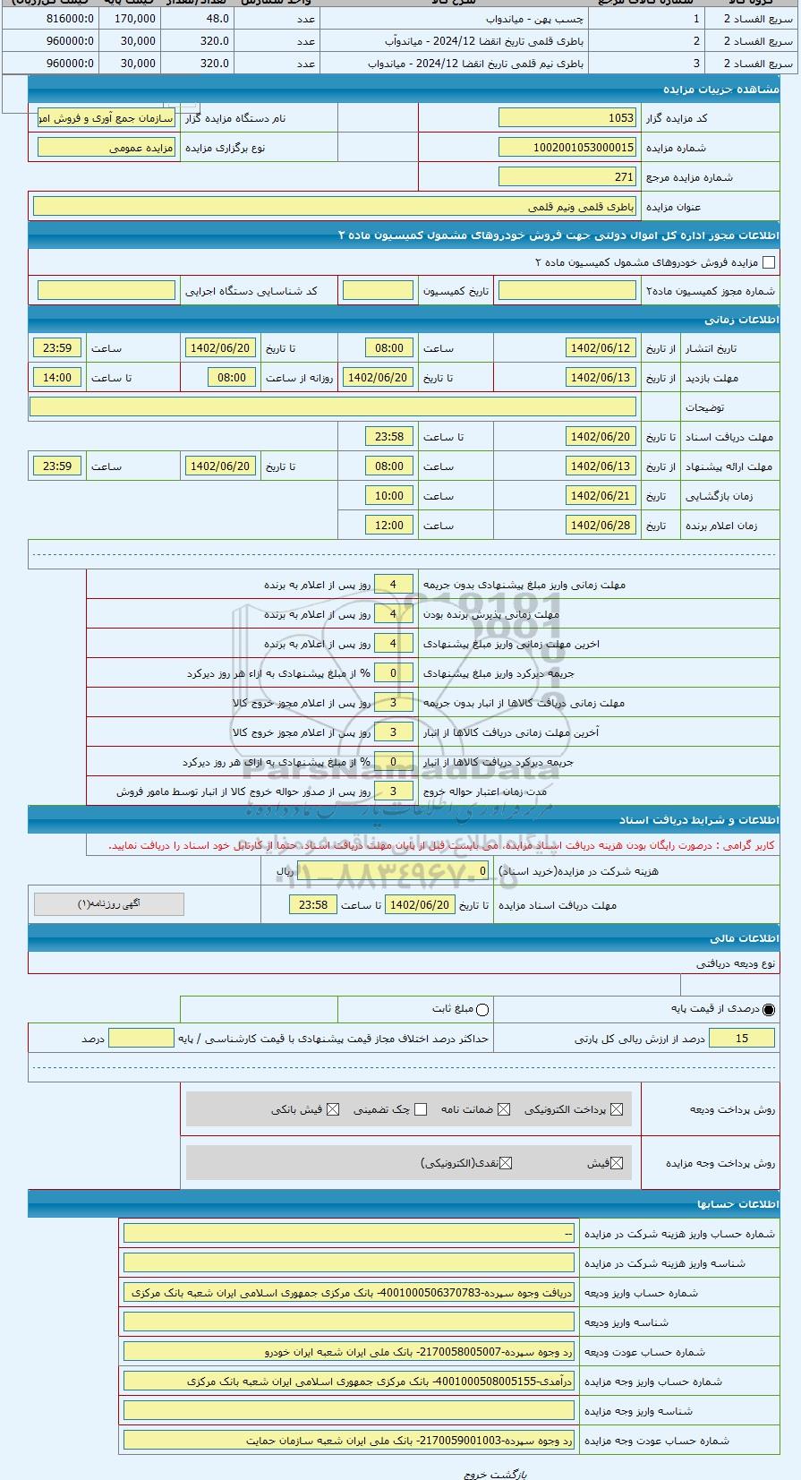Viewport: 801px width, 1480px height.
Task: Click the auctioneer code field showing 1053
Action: pos(567,118)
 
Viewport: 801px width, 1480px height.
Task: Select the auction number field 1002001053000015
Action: pos(567,148)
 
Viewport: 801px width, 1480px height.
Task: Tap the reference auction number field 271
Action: pos(567,177)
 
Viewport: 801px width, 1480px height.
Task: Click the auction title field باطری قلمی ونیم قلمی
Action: pos(335,207)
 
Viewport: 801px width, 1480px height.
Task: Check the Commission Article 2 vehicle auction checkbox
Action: pos(768,262)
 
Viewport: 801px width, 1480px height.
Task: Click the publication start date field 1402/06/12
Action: pos(601,348)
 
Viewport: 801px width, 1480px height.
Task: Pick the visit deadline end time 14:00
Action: pos(57,378)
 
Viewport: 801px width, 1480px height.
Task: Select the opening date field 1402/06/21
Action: pos(601,496)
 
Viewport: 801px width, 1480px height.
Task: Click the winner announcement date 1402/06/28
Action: pos(601,526)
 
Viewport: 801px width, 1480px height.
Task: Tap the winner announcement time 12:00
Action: pos(389,526)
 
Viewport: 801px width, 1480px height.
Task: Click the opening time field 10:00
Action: pos(389,496)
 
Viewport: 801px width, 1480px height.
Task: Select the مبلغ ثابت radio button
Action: pos(482,1010)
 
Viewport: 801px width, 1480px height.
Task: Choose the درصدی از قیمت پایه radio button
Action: pos(769,1010)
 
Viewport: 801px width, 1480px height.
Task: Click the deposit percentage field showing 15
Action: pos(742,1039)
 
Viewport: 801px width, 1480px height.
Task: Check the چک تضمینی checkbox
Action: pos(421,1110)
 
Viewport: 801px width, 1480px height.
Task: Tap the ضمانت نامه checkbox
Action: pos(504,1110)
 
